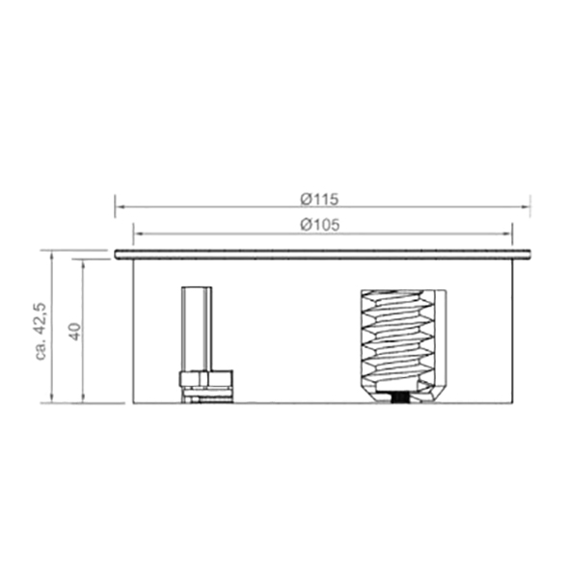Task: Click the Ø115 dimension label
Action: (x=319, y=199)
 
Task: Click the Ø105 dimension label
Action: (x=320, y=225)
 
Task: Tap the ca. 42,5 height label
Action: (x=41, y=331)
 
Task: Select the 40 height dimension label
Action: (x=75, y=331)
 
